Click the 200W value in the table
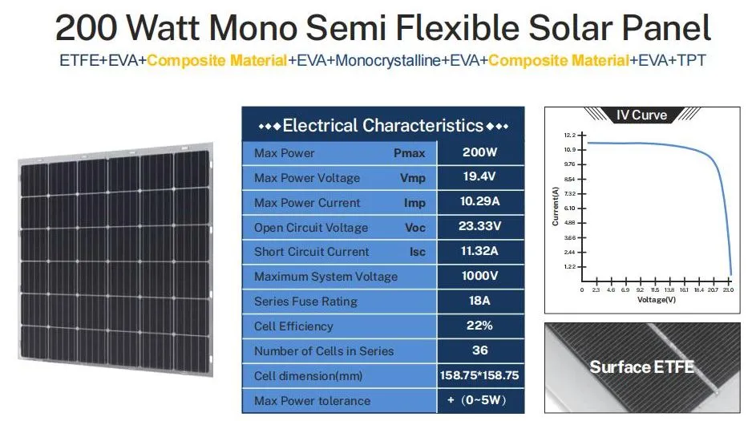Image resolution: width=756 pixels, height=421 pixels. pos(479,152)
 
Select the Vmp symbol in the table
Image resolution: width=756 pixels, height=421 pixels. pos(413,178)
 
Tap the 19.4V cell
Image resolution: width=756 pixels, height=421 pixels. pos(479,177)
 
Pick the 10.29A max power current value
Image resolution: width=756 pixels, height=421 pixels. pos(479,202)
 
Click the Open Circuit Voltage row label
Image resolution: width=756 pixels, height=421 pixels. pos(311,228)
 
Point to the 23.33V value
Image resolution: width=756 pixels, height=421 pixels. pos(479,227)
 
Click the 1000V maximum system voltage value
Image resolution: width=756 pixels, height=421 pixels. pos(479,277)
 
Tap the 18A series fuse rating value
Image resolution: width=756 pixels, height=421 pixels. pos(479,302)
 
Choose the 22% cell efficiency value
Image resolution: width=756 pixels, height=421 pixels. pos(479,326)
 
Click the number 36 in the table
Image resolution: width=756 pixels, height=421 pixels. pos(479,350)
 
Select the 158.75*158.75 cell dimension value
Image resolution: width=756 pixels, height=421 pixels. pos(479,375)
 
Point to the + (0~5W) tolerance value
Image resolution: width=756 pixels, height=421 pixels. pos(479,400)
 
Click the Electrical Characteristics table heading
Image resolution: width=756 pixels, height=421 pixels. pos(383,126)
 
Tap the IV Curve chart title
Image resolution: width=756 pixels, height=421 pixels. pos(641,115)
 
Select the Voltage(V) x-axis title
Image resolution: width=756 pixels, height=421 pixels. pos(657,300)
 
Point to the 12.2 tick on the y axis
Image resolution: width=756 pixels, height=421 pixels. pos(569,135)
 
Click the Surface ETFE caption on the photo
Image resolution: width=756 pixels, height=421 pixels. pos(642,367)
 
